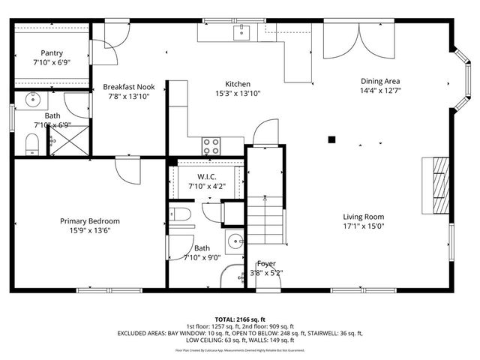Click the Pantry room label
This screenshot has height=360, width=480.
pyautogui.click(x=52, y=53)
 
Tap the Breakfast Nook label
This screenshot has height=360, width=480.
pyautogui.click(x=128, y=87)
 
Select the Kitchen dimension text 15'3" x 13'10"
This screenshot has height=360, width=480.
pyautogui.click(x=238, y=94)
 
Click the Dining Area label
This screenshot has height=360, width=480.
pyautogui.click(x=380, y=81)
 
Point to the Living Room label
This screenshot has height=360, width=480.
pyautogui.click(x=364, y=217)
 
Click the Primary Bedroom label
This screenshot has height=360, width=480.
pyautogui.click(x=90, y=221)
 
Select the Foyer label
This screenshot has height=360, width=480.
pyautogui.click(x=266, y=263)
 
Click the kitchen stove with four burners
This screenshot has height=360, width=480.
pyautogui.click(x=212, y=145)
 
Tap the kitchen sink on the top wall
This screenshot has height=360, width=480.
pyautogui.click(x=241, y=31)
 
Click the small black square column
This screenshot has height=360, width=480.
pyautogui.click(x=331, y=138)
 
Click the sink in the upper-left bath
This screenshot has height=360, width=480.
pyautogui.click(x=32, y=99)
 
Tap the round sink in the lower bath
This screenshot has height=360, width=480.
pyautogui.click(x=235, y=241)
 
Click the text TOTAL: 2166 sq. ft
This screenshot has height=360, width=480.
pyautogui.click(x=240, y=319)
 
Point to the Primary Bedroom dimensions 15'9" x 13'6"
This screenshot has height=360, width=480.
pyautogui.click(x=90, y=231)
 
